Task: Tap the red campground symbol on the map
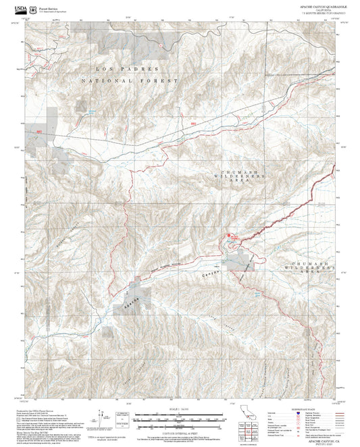click(230, 235)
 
